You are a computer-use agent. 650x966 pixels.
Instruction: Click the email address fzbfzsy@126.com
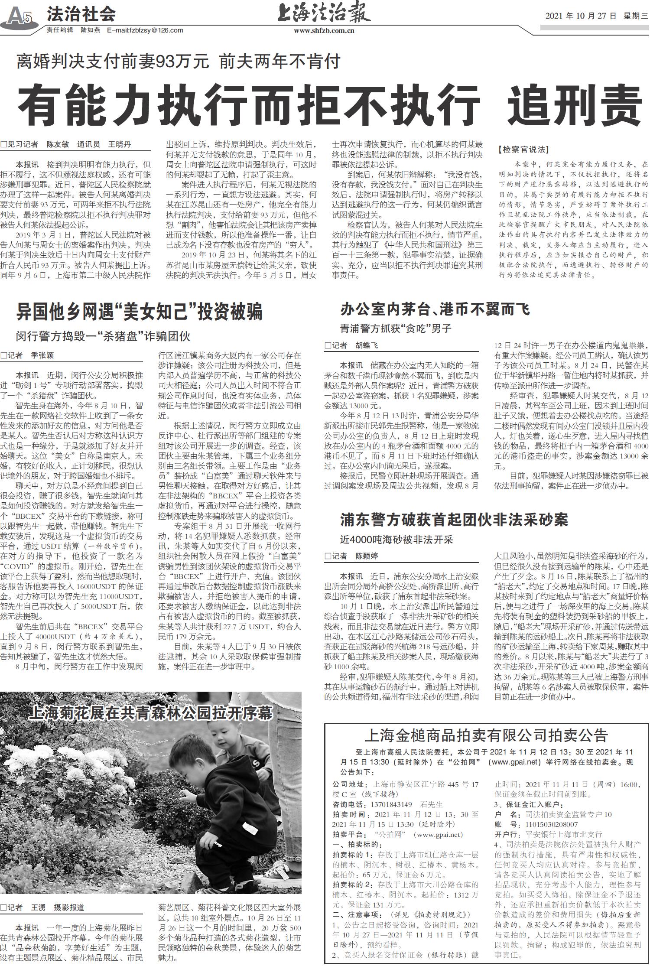[x=145, y=30]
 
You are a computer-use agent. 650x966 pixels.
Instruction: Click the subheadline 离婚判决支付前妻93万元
[x=113, y=62]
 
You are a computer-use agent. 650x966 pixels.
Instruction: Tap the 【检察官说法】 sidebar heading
[x=524, y=150]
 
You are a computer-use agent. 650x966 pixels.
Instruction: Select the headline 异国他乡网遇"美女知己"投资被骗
[x=139, y=312]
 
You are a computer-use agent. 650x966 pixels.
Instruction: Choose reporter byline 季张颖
[x=42, y=355]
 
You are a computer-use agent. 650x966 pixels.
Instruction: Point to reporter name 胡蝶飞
[x=367, y=345]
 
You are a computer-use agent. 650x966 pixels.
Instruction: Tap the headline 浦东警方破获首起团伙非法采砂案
[x=453, y=520]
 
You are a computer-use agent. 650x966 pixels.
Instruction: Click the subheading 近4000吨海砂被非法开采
[x=396, y=540]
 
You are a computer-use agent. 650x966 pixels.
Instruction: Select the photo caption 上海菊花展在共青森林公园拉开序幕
[x=151, y=712]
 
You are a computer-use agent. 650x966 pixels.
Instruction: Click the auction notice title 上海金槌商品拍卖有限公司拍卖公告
[x=486, y=735]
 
